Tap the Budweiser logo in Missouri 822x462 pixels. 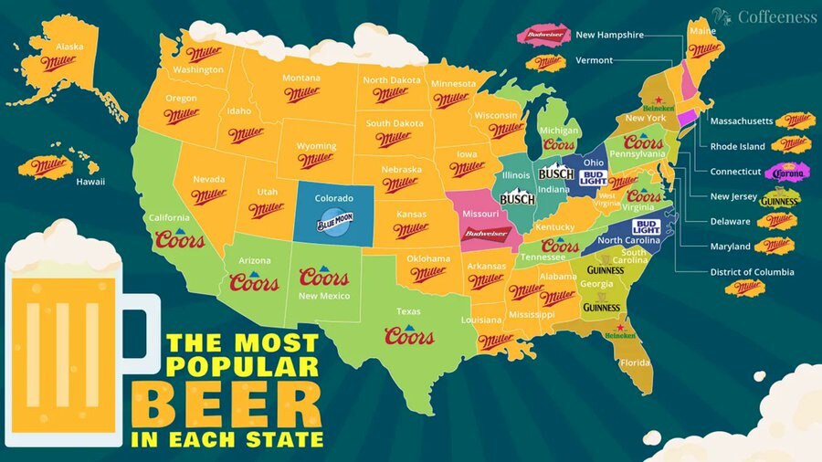(x=487, y=234)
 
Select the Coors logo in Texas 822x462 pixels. (x=409, y=335)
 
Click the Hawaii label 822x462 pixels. (x=90, y=182)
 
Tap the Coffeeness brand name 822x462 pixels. (x=775, y=17)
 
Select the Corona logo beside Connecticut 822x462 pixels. (x=787, y=172)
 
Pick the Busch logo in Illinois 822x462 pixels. (x=517, y=198)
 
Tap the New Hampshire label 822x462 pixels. (x=609, y=35)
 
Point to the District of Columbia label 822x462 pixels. (x=752, y=272)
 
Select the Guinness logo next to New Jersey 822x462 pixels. (x=781, y=198)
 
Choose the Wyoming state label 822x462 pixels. (x=317, y=146)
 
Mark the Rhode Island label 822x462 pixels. (x=738, y=146)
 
